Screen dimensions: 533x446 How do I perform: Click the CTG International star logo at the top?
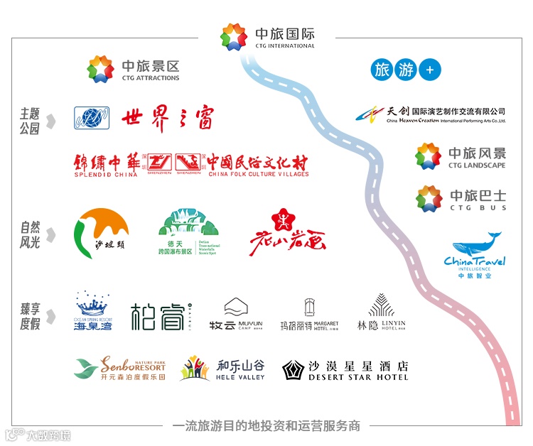[234, 37]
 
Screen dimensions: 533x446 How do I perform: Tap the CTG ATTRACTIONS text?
[151, 78]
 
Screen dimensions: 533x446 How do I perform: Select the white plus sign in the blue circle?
[429, 70]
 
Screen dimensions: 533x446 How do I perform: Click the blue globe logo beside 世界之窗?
[92, 118]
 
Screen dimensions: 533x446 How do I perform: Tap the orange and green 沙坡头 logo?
[102, 234]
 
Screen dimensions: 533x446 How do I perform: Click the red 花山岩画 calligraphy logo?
[286, 233]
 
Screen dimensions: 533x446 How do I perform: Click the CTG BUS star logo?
[429, 199]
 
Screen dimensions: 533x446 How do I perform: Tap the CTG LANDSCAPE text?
[477, 165]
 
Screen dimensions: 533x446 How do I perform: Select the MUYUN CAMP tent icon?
[236, 308]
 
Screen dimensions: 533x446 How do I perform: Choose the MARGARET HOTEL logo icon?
[308, 307]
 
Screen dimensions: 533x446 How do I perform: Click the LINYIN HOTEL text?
[393, 325]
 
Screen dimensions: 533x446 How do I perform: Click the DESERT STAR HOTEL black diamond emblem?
[293, 370]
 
